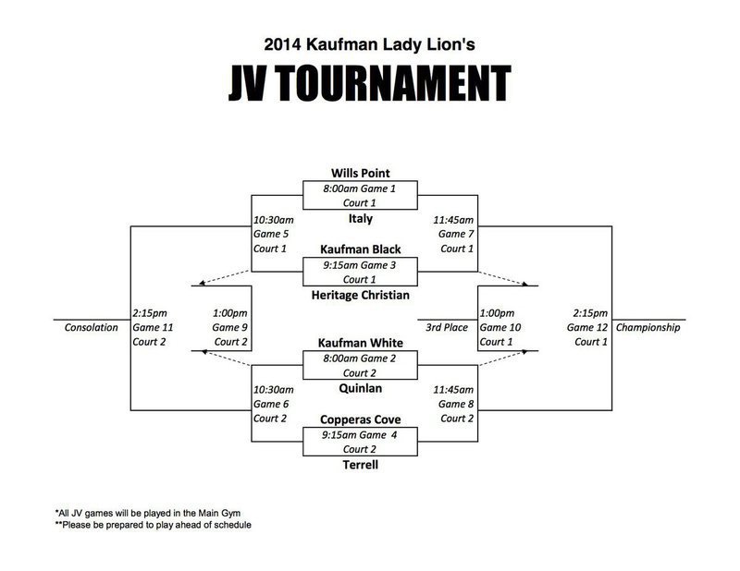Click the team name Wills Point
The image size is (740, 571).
[360, 173]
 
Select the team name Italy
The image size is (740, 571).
[360, 218]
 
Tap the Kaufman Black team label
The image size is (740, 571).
[360, 249]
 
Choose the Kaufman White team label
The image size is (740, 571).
[360, 343]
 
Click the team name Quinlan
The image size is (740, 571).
[360, 389]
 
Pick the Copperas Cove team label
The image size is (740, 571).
[360, 420]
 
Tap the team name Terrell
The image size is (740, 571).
[360, 466]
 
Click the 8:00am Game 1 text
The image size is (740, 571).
[360, 188]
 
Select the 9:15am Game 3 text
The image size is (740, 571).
[360, 264]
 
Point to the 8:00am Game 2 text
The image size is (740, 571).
[360, 358]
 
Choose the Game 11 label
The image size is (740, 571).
[154, 327]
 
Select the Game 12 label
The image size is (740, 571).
[587, 327]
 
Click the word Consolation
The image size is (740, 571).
[92, 327]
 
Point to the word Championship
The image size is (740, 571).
[647, 327]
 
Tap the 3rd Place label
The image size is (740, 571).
[446, 327]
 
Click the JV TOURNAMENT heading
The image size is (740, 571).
[370, 83]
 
